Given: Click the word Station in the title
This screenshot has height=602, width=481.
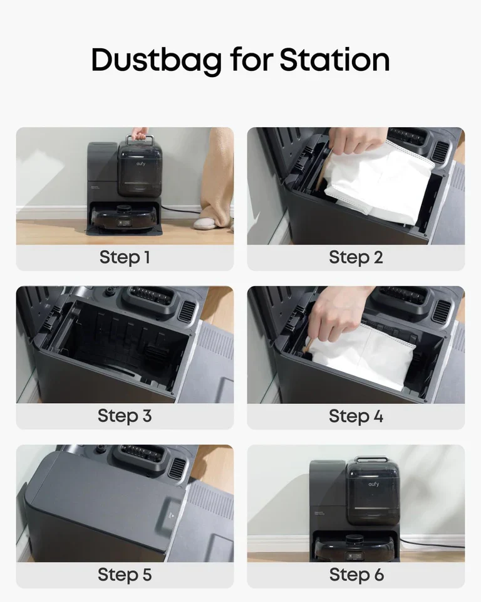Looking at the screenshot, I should [334, 60].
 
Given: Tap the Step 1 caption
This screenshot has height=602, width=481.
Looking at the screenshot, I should [125, 258].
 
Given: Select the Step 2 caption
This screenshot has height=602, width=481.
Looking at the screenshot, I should [356, 258].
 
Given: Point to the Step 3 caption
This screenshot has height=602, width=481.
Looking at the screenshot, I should [125, 416].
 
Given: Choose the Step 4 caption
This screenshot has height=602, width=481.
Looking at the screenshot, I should [356, 416].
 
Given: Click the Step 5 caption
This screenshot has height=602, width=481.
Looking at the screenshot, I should [125, 574].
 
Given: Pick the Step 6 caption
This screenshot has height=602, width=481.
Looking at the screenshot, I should [356, 574].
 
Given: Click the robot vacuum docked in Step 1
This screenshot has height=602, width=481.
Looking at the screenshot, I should [125, 216].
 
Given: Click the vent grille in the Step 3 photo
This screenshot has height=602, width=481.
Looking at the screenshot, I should [187, 310].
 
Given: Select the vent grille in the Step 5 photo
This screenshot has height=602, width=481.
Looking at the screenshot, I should [178, 468].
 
